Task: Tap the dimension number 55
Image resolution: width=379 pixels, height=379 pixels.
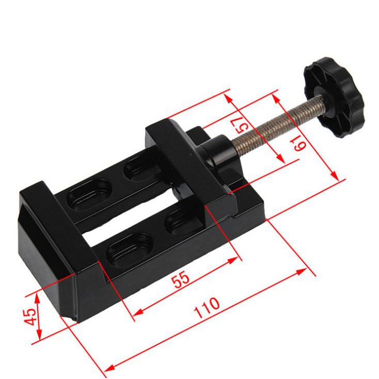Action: (x=180, y=279)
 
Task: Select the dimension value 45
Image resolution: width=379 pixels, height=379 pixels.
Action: (x=30, y=317)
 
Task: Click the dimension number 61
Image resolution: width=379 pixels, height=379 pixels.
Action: (x=299, y=143)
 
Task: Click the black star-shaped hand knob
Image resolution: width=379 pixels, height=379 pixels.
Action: (x=334, y=97)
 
